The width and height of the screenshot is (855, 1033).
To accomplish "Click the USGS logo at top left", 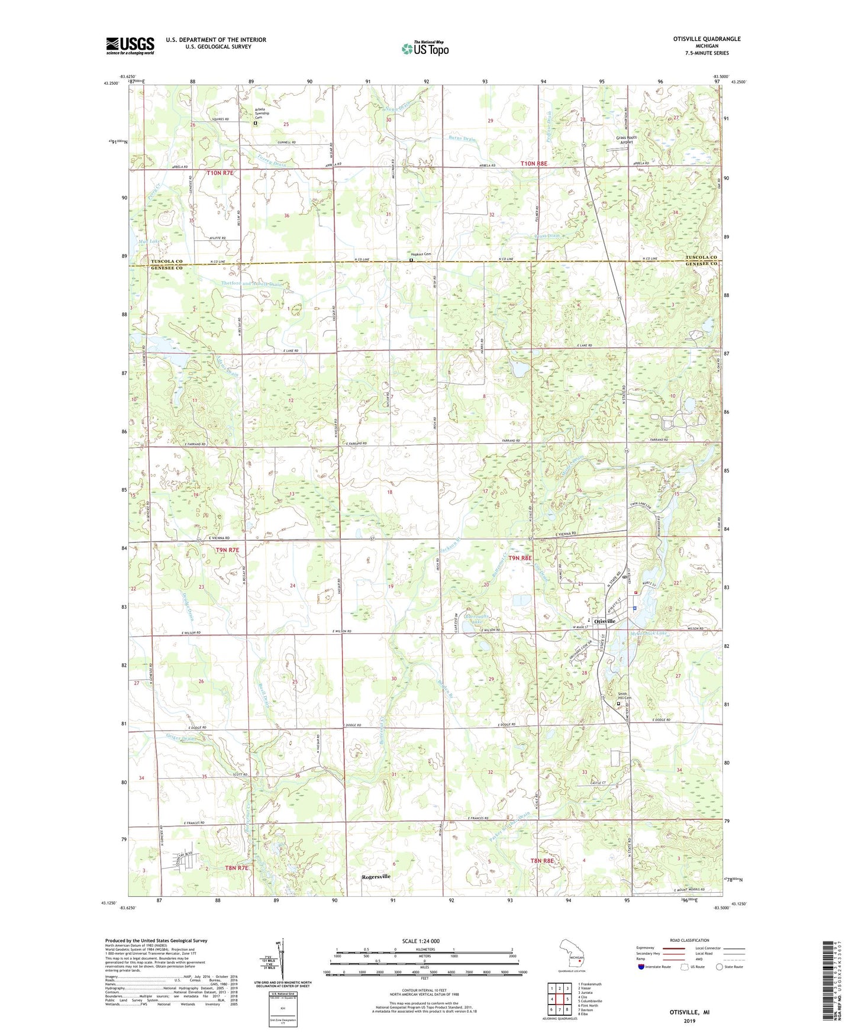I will click(x=130, y=46).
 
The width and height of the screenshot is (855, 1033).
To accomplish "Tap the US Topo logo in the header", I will click(x=425, y=49).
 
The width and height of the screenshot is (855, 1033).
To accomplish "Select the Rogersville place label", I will click(x=376, y=877).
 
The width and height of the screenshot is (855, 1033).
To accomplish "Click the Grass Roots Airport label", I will click(x=626, y=140).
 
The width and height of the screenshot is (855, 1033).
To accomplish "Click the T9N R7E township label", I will click(x=227, y=550).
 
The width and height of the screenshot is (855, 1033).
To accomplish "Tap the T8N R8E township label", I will click(x=542, y=861).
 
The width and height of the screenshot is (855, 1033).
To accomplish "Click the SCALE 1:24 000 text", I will click(x=421, y=941).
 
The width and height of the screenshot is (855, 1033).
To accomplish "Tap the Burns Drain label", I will click(x=462, y=139).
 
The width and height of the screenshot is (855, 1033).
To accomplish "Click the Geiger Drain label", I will click(x=181, y=738).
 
